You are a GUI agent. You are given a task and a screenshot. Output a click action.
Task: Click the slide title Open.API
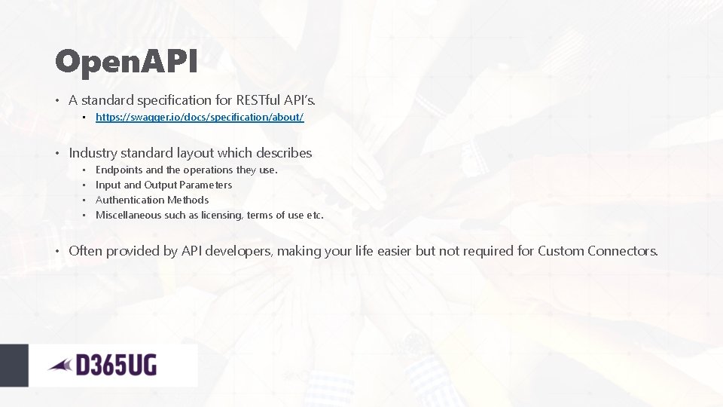point(126,63)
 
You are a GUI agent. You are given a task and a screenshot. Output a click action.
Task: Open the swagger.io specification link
point(200,118)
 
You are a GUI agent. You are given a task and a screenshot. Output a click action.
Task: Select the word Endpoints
point(119,170)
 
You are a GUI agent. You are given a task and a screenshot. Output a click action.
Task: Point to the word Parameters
point(206,185)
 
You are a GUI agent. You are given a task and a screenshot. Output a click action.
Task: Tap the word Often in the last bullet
point(85,251)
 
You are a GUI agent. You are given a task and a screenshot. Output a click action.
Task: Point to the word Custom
point(560,251)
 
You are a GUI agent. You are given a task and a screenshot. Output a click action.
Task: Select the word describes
point(285,153)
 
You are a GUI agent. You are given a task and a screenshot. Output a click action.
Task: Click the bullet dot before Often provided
point(58,251)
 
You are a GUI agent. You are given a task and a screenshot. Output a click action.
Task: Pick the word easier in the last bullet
point(390,251)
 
